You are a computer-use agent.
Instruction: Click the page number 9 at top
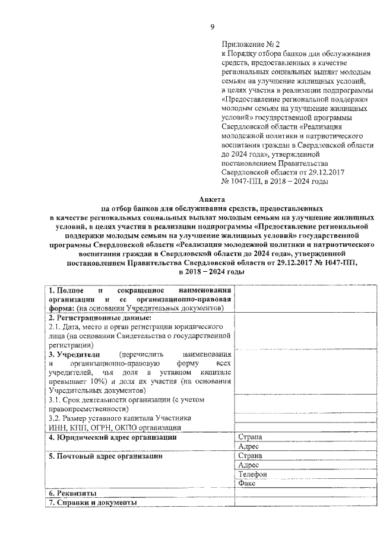click(212, 27)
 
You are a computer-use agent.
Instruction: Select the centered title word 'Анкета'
click(211, 200)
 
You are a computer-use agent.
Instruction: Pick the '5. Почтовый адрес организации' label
click(106, 456)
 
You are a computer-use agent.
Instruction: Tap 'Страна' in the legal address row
click(249, 437)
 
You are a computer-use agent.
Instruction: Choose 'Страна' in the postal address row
click(249, 456)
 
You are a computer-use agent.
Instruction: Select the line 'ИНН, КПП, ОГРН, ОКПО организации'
click(115, 427)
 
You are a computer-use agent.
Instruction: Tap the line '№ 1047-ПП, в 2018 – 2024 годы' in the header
click(274, 181)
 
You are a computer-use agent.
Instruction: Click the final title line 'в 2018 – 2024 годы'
click(211, 271)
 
